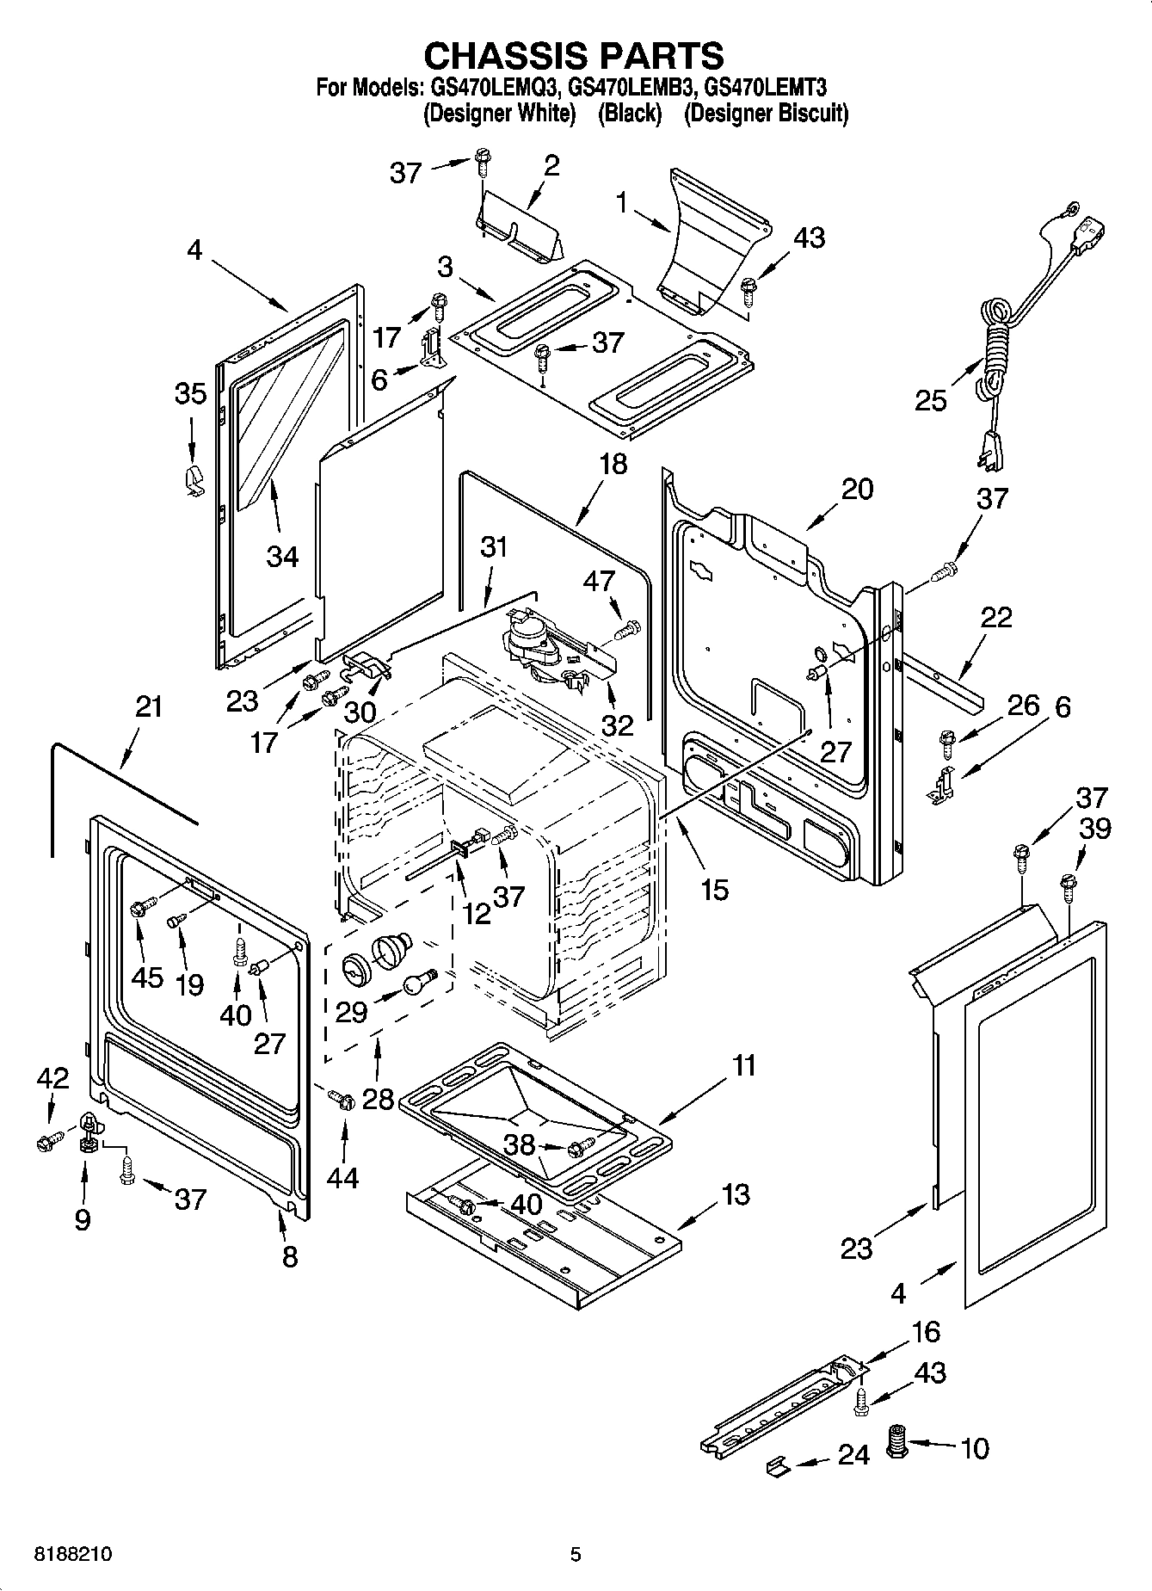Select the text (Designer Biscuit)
click(x=765, y=113)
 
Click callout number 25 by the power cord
click(x=931, y=400)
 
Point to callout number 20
click(x=857, y=490)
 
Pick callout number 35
click(x=190, y=394)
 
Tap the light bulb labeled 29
click(x=419, y=982)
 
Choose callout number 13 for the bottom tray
click(x=736, y=1194)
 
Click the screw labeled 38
click(x=582, y=1147)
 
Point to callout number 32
click(x=617, y=725)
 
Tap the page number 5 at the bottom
click(x=576, y=1555)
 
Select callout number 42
click(x=52, y=1079)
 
